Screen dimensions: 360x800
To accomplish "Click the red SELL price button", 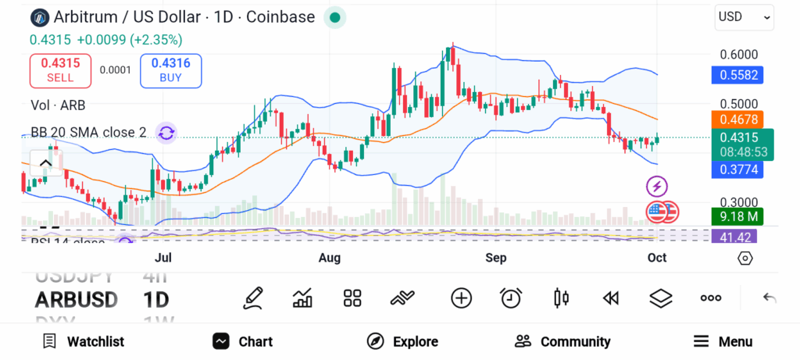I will click(x=60, y=70).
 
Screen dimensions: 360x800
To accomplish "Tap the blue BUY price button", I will click(x=170, y=70).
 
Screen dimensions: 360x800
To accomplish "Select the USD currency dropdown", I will click(x=744, y=16).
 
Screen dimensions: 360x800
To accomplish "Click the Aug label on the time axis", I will click(x=330, y=257).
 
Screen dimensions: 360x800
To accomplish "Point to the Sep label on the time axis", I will click(x=496, y=257).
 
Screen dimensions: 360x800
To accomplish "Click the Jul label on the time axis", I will click(x=163, y=257).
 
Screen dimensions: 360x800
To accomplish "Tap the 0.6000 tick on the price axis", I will click(x=738, y=55).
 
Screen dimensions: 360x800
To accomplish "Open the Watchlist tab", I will click(x=83, y=341).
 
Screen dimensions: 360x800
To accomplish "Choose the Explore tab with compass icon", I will click(x=402, y=341).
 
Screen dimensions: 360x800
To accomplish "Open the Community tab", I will click(x=562, y=341).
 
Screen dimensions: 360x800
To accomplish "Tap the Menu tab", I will click(x=723, y=341).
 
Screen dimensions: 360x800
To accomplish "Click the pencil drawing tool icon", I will click(x=253, y=298).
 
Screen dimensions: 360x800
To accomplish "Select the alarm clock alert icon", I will click(x=511, y=298).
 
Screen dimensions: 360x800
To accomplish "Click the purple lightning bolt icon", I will click(x=657, y=186).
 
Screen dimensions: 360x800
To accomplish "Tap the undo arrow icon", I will click(x=770, y=298).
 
